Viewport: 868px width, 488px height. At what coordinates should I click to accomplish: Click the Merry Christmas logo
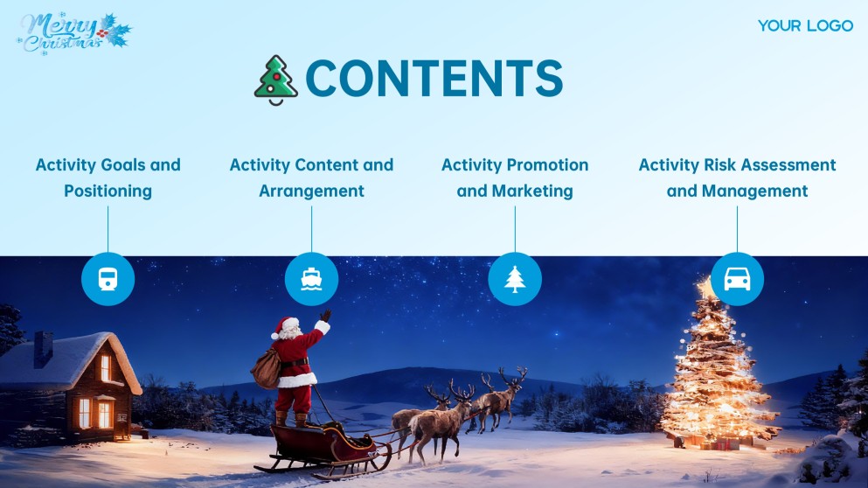(x=73, y=32)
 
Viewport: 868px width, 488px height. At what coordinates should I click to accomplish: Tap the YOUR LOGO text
(x=805, y=25)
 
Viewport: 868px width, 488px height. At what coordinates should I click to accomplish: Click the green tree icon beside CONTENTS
(x=276, y=80)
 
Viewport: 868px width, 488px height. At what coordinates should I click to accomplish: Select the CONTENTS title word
(x=434, y=79)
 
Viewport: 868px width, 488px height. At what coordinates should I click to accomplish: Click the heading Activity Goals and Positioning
(x=108, y=178)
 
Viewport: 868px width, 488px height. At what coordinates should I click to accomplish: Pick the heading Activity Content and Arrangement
(x=311, y=178)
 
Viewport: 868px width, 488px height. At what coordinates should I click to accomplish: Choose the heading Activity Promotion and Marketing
(x=515, y=178)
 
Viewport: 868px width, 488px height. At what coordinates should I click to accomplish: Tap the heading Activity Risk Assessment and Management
(x=737, y=178)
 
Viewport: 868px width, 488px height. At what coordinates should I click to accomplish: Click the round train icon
(x=108, y=280)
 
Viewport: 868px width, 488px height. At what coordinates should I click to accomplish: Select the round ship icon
(x=311, y=279)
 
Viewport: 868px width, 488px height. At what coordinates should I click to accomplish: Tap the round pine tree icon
(x=515, y=279)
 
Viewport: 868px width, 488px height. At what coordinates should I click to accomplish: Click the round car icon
(x=737, y=279)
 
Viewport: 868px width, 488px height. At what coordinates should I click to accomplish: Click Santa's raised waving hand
(x=325, y=316)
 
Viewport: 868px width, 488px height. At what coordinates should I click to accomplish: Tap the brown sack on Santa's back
(x=264, y=366)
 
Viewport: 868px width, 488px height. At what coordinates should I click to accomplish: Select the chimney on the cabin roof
(x=43, y=347)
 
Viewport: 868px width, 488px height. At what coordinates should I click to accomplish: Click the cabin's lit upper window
(x=105, y=368)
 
